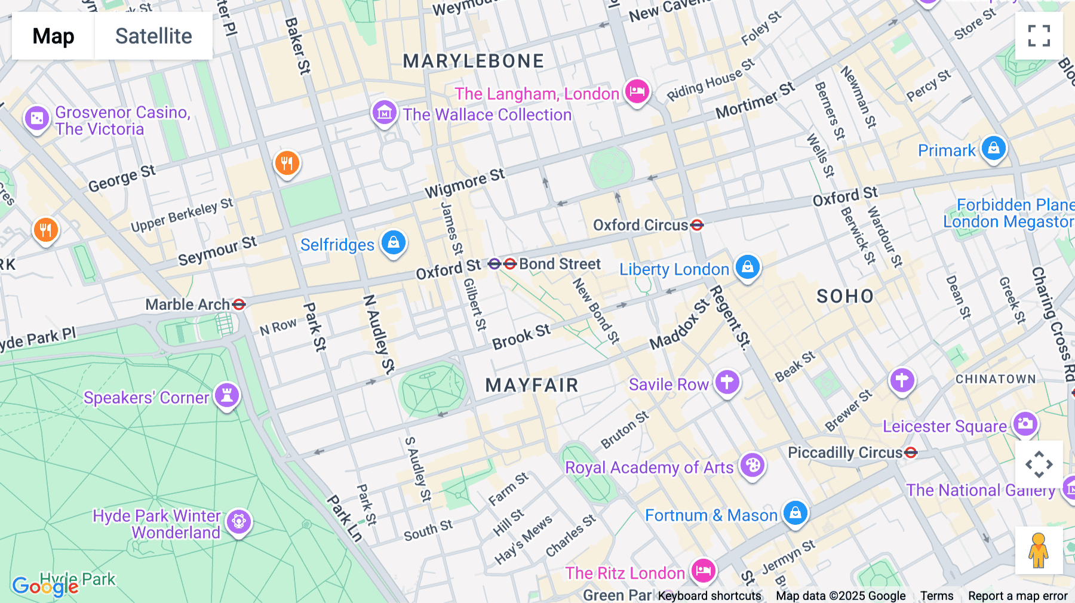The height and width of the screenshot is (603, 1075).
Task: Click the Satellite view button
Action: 153,36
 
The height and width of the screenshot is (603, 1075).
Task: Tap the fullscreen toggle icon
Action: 1039,36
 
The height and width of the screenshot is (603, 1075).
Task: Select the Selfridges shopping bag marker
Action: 393,243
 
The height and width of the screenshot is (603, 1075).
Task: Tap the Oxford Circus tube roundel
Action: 697,225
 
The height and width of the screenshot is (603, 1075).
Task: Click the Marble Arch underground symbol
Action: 239,304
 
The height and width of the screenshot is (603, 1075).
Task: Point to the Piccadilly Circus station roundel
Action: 911,453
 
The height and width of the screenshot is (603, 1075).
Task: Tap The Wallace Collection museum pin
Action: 384,112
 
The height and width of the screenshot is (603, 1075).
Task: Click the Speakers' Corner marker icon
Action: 227,395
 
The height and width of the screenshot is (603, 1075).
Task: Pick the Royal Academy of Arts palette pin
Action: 752,465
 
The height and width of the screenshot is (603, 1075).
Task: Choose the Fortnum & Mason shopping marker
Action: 795,513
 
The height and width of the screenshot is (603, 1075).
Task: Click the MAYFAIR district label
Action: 532,385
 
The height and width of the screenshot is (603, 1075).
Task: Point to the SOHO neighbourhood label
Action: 845,296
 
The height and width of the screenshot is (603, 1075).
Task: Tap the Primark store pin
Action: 993,148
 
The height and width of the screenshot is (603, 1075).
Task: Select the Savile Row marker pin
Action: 727,382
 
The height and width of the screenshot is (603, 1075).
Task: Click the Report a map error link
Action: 1018,596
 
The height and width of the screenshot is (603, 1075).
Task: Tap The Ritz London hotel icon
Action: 703,571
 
